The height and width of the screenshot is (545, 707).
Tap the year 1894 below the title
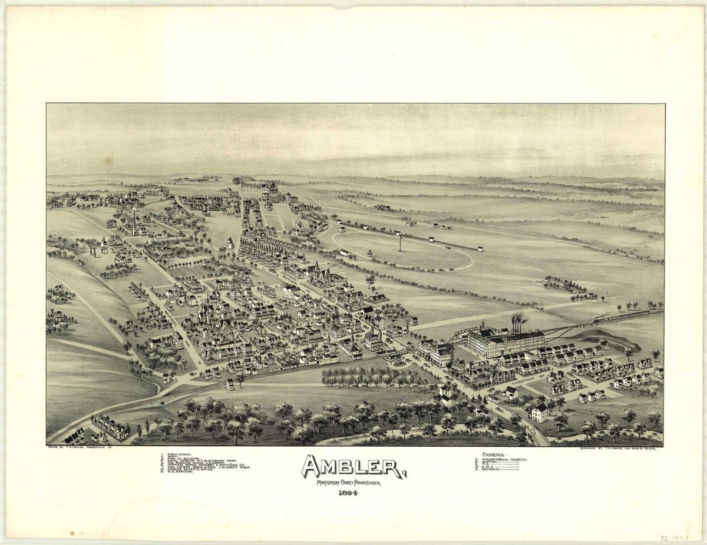pyautogui.click(x=349, y=493)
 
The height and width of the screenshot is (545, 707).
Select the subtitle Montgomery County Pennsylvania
pyautogui.click(x=348, y=483)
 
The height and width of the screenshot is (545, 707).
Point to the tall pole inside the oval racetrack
pyautogui.click(x=399, y=241)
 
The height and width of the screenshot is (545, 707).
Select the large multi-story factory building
pyautogui.click(x=506, y=343)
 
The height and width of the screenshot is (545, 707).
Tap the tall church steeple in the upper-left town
pyautogui.click(x=134, y=222)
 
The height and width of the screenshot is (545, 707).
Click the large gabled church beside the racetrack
pyautogui.click(x=322, y=274)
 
